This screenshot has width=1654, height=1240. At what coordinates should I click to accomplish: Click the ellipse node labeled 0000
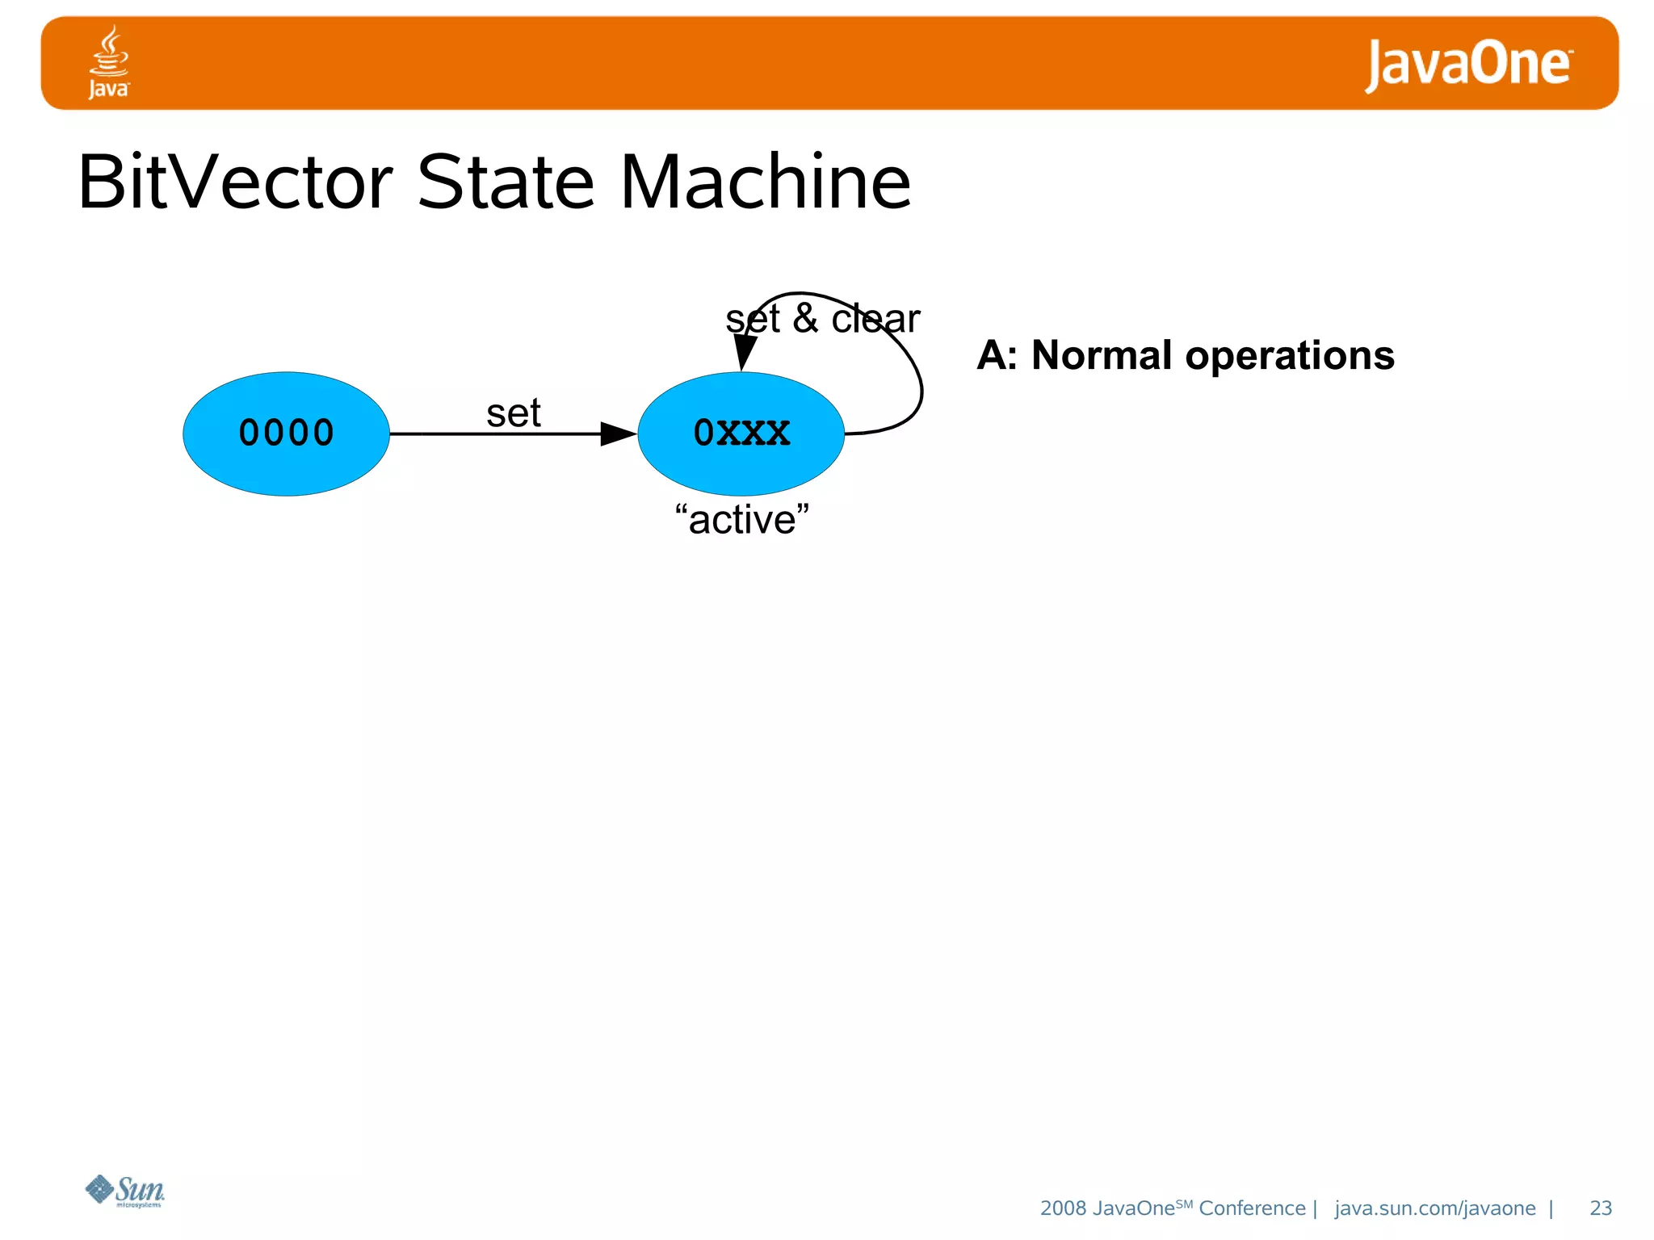(286, 434)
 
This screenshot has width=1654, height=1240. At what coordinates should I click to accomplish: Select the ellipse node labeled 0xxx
(741, 434)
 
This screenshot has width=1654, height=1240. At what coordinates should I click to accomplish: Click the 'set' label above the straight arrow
(513, 413)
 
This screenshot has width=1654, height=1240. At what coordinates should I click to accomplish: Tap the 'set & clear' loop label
(821, 319)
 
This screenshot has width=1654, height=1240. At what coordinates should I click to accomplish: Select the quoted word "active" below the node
(741, 519)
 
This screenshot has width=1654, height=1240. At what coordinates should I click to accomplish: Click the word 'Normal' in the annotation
(1101, 355)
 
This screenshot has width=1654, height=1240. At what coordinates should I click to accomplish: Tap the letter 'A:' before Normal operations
(997, 355)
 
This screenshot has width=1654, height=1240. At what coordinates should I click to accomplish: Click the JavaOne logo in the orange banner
(1467, 64)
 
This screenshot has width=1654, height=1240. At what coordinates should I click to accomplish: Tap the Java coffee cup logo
(109, 61)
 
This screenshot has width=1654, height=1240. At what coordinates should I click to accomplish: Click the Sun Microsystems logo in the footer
(125, 1191)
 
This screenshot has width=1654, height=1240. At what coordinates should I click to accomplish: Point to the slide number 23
(1600, 1208)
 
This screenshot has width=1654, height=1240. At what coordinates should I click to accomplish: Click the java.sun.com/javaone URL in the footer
(1434, 1208)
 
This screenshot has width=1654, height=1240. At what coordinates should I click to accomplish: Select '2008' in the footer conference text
(1063, 1208)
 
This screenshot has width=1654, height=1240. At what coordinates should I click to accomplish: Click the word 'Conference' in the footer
(1251, 1208)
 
